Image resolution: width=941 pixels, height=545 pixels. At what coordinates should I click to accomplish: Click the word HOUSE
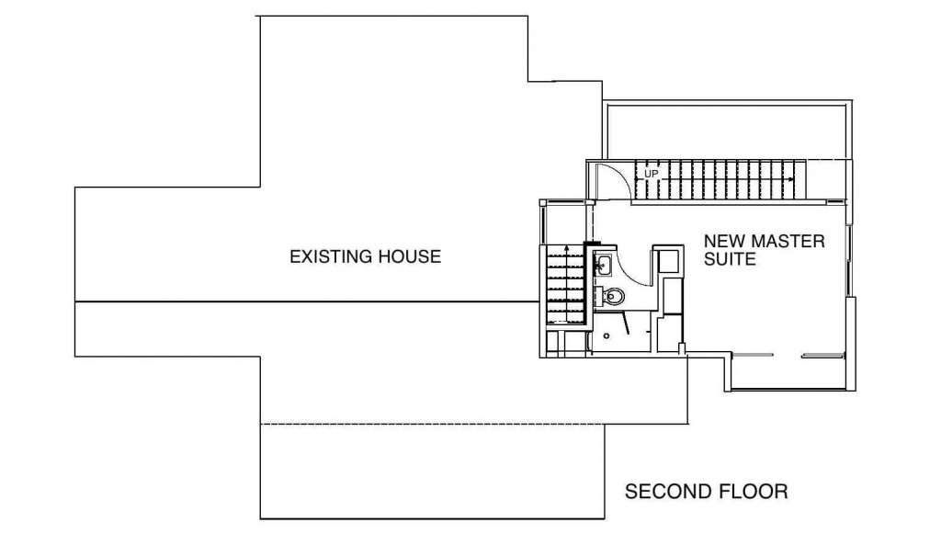pyautogui.click(x=411, y=257)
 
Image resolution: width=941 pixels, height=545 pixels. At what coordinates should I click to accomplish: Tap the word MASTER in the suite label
pyautogui.click(x=788, y=242)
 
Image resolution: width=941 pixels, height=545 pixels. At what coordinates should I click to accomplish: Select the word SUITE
pyautogui.click(x=730, y=259)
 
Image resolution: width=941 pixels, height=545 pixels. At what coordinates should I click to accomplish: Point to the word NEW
pyautogui.click(x=724, y=242)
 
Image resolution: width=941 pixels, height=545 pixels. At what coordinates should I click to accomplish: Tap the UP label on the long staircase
pyautogui.click(x=652, y=174)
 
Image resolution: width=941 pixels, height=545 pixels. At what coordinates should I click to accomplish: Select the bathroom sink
pyautogui.click(x=603, y=265)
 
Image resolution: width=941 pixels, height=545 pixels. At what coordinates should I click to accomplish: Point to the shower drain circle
pyautogui.click(x=607, y=336)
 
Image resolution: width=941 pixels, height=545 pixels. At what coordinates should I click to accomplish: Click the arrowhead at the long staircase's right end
pyautogui.click(x=791, y=179)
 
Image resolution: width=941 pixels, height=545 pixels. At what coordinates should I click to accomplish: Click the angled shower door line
pyautogui.click(x=626, y=324)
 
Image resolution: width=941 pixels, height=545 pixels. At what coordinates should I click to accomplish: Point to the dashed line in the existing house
pyautogui.click(x=432, y=425)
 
